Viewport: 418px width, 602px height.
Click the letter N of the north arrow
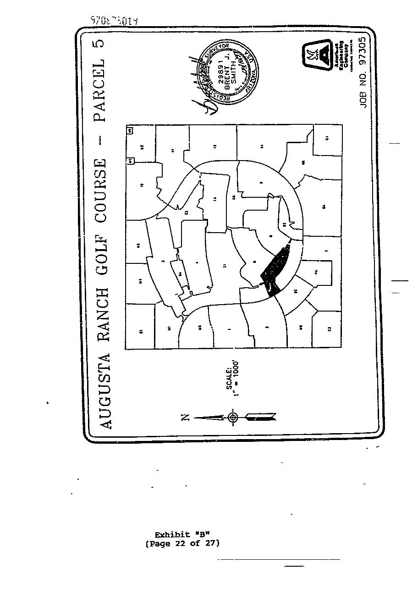click(185, 417)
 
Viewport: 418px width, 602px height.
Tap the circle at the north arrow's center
click(233, 417)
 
